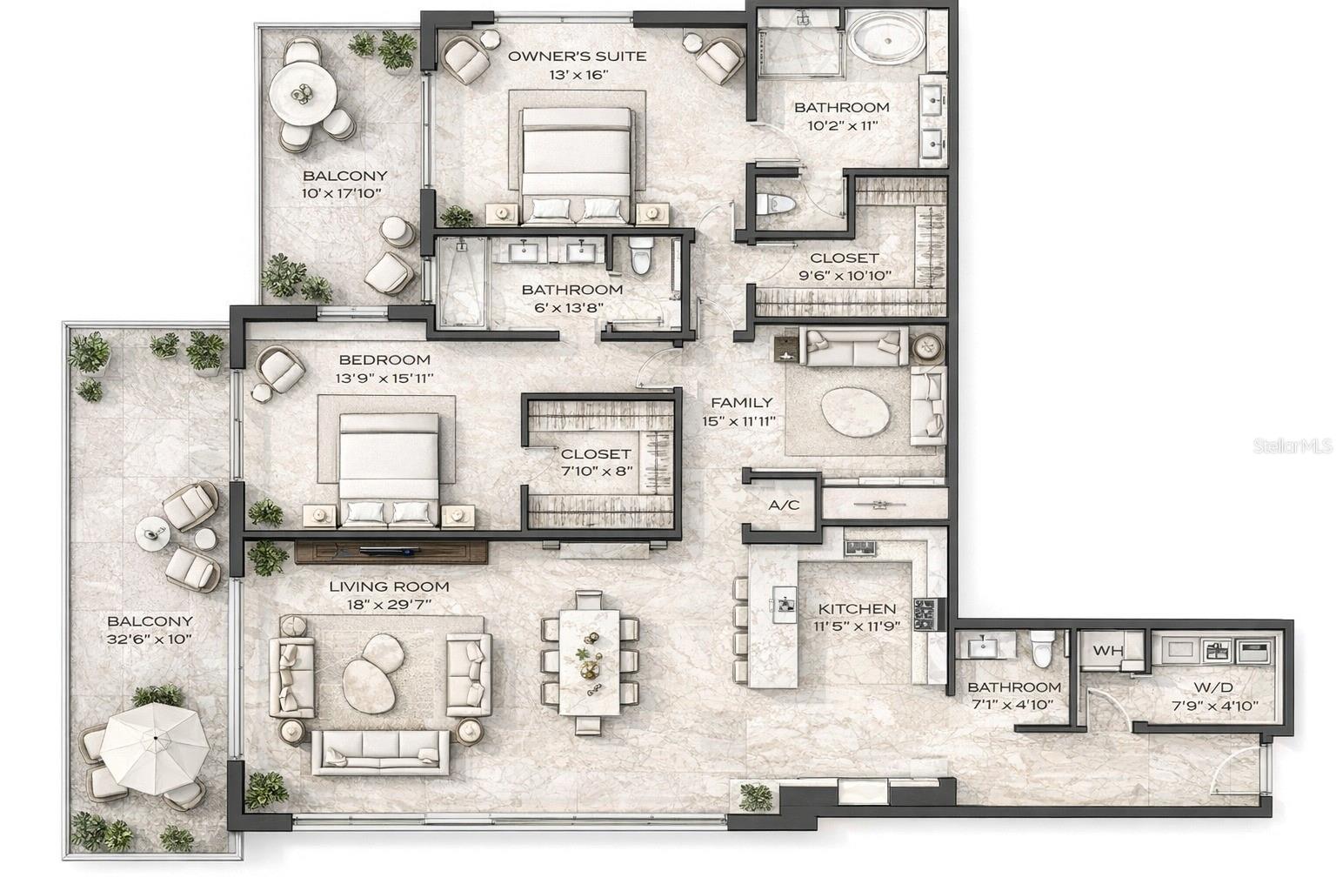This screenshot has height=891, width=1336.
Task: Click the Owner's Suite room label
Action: click(x=577, y=57)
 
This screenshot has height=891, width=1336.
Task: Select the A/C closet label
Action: click(x=784, y=506)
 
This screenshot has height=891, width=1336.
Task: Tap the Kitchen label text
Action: click(x=857, y=609)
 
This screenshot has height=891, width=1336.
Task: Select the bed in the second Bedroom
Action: click(x=388, y=466)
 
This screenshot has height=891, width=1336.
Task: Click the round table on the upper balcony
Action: click(x=302, y=93)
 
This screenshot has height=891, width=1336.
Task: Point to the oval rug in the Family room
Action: click(x=856, y=410)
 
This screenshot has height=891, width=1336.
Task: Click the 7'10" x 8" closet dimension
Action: click(x=596, y=471)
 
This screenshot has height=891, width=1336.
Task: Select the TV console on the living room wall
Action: click(x=391, y=551)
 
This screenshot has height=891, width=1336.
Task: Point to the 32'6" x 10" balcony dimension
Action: click(x=150, y=639)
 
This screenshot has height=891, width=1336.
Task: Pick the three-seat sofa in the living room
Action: click(x=381, y=749)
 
